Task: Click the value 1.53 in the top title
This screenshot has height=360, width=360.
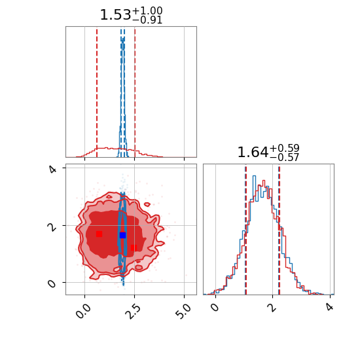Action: click(115, 15)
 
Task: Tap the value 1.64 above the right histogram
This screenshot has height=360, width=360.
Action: click(253, 153)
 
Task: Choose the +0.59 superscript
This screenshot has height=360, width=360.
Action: click(284, 148)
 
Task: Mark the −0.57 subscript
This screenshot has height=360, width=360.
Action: click(284, 158)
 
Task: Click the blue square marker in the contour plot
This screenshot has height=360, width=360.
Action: click(122, 236)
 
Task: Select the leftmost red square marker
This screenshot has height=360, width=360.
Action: click(99, 234)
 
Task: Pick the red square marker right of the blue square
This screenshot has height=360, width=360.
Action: click(134, 248)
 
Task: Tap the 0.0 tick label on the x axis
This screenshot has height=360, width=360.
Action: click(84, 311)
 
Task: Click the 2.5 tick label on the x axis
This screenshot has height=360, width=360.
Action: click(134, 311)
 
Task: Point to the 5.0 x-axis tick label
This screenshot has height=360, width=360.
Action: click(183, 311)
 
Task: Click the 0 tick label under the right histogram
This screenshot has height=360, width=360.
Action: click(215, 307)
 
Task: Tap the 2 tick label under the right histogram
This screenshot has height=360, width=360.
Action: click(272, 307)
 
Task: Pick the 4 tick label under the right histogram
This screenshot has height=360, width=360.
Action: click(329, 307)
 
